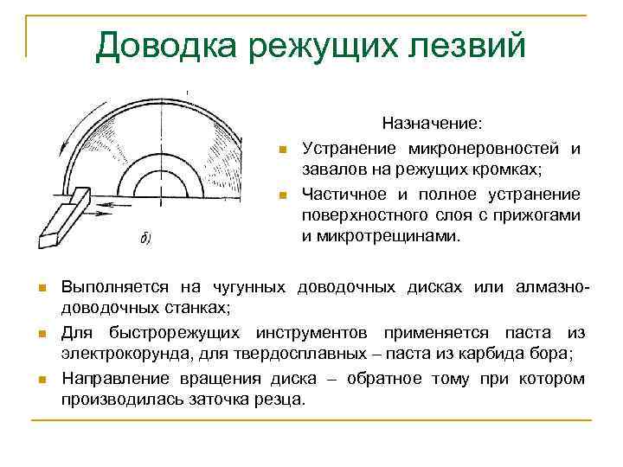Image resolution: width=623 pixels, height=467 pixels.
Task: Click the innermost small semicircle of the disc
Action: [160, 185]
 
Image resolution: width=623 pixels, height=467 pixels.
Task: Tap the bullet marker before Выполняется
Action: [41, 287]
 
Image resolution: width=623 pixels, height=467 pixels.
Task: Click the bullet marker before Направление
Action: [41, 380]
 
